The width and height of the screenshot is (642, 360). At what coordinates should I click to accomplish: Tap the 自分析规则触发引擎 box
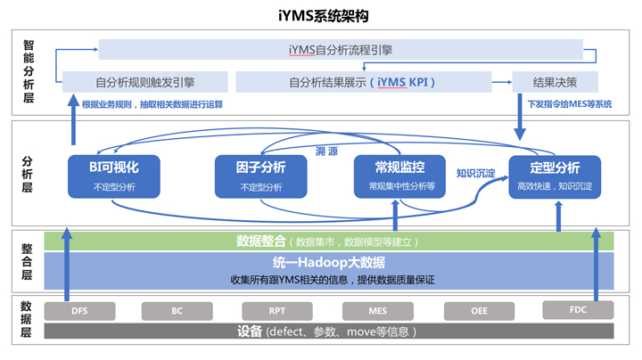[x=145, y=82]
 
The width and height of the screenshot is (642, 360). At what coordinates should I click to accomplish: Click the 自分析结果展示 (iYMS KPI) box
[x=363, y=82]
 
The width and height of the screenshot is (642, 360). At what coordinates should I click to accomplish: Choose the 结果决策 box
[x=555, y=82]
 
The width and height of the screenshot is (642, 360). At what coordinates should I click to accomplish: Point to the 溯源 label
[x=326, y=151]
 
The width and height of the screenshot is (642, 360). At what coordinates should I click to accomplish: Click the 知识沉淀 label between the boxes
[x=475, y=173]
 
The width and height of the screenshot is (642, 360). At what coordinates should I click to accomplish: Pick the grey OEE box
[x=479, y=311]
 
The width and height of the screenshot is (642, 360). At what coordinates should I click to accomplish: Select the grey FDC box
[x=578, y=309]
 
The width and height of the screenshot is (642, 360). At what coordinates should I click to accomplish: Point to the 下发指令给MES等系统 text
[x=570, y=104]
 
